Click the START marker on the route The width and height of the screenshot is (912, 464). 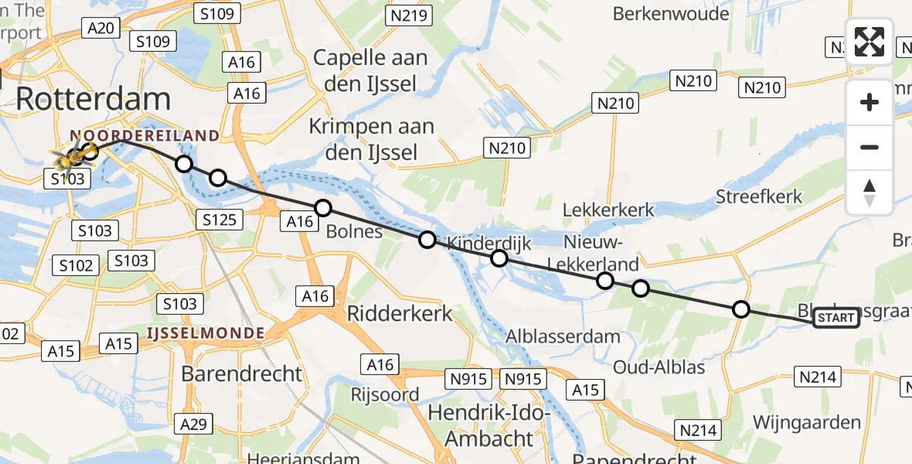pyautogui.click(x=835, y=318)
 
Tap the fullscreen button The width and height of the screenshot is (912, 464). pyautogui.click(x=869, y=42)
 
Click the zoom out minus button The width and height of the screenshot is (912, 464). pyautogui.click(x=869, y=147)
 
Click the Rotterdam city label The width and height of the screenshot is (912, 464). pyautogui.click(x=93, y=99)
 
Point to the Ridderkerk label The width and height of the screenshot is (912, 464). pyautogui.click(x=400, y=312)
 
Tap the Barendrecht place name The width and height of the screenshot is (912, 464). pyautogui.click(x=242, y=374)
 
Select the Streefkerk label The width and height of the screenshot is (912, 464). pyautogui.click(x=758, y=196)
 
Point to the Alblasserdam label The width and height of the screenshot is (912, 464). pyautogui.click(x=563, y=336)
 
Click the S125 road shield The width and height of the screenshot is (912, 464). pyautogui.click(x=218, y=219)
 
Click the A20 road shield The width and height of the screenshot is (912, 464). pyautogui.click(x=101, y=29)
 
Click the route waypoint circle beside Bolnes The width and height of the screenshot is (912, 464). pyautogui.click(x=323, y=207)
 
